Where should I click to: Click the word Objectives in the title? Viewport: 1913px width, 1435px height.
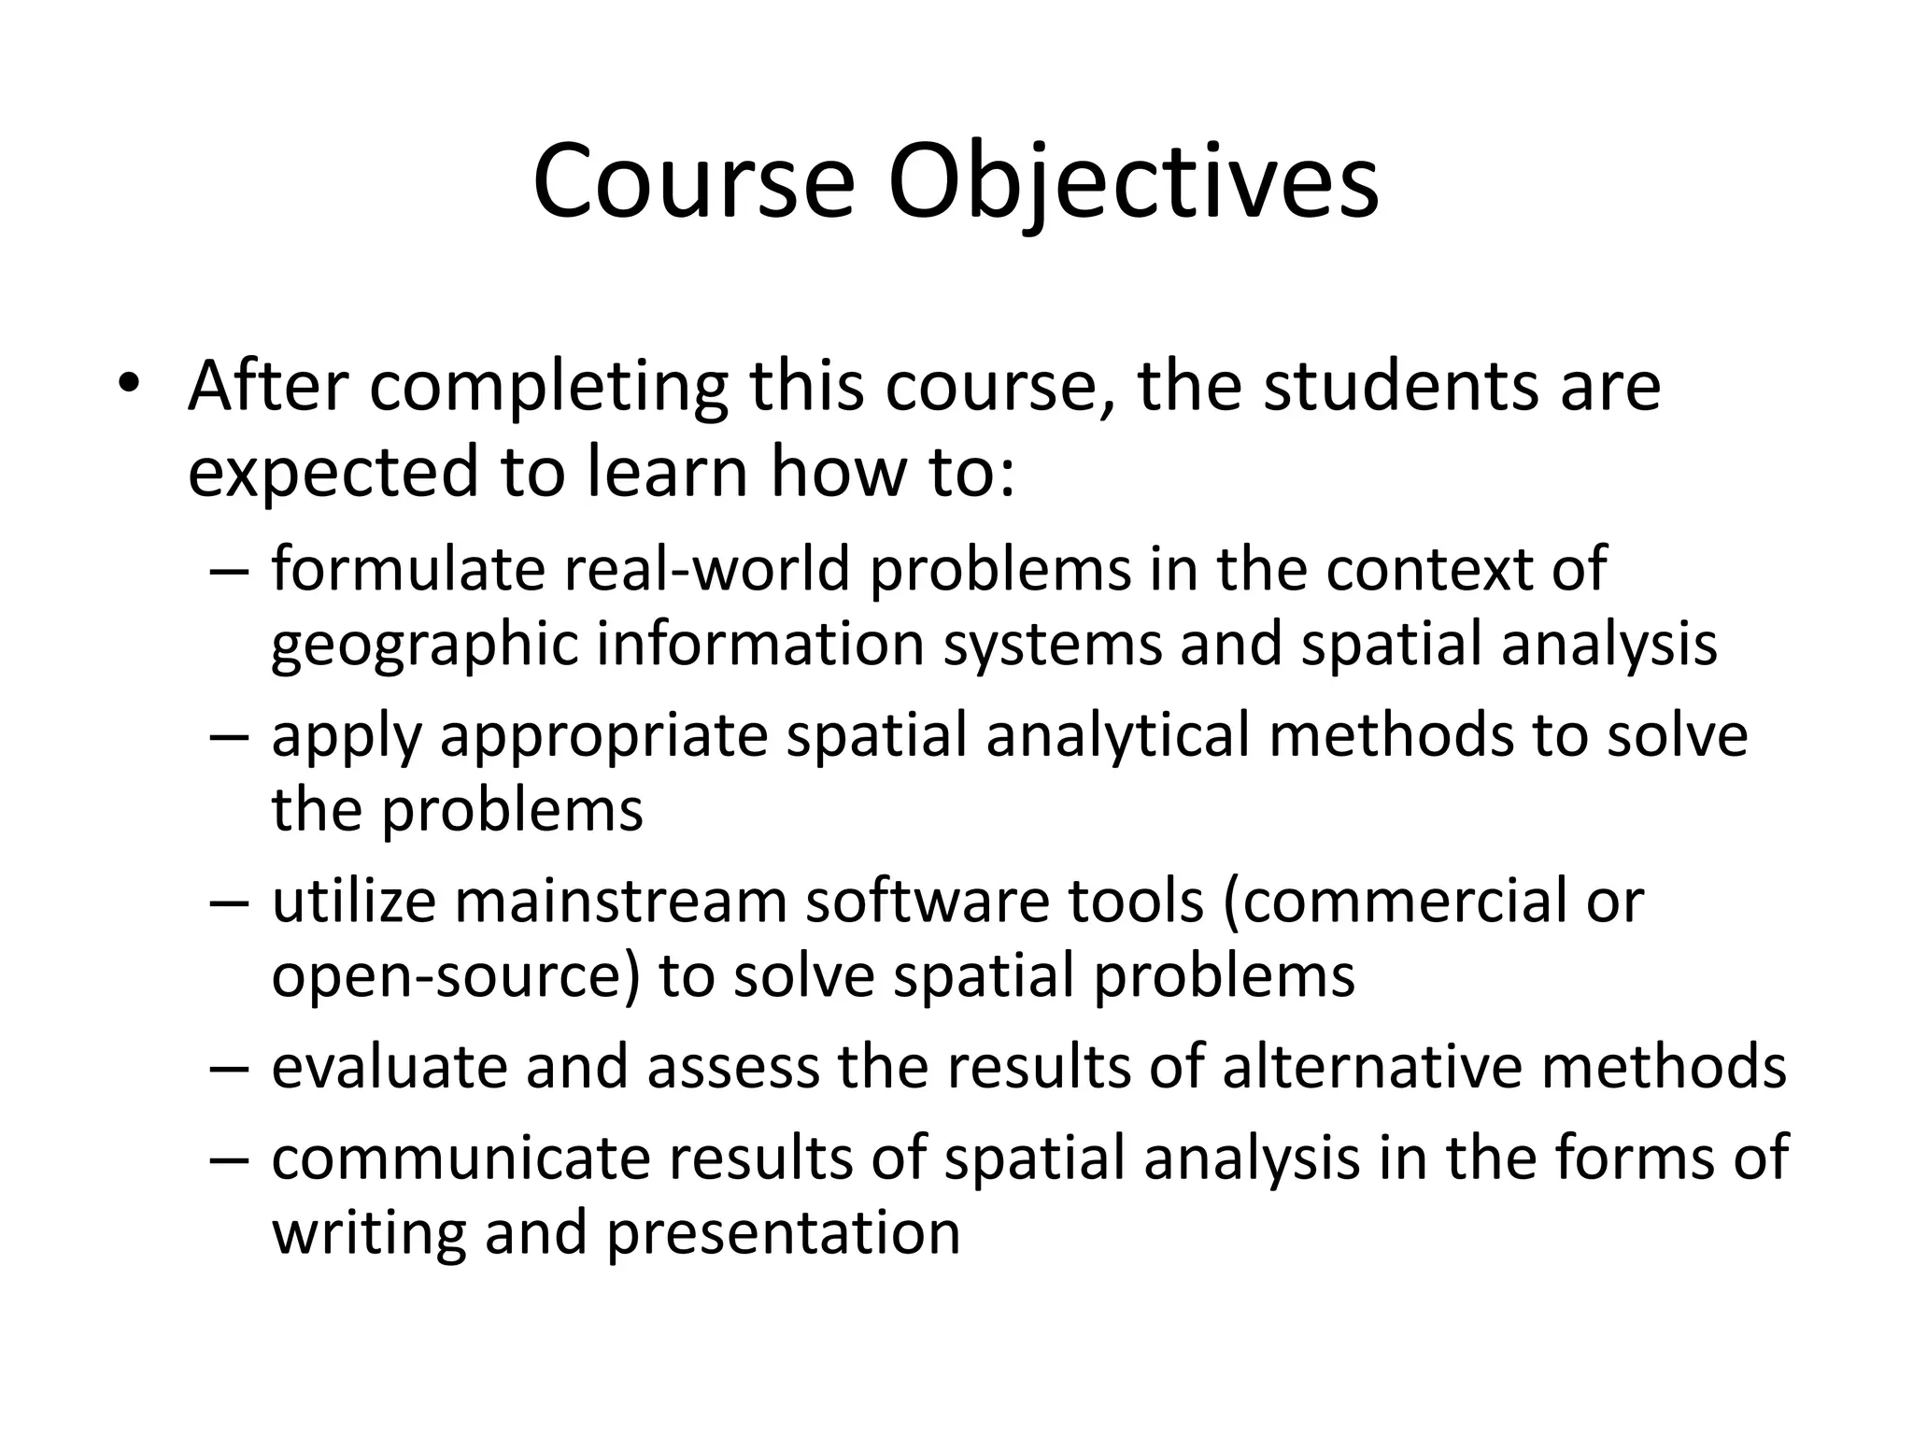(x=1132, y=182)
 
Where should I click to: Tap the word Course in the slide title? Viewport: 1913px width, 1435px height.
(x=693, y=182)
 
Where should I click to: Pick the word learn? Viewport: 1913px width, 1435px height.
(x=668, y=472)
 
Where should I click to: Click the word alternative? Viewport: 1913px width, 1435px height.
(x=1372, y=1066)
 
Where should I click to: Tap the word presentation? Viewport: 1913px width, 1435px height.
(x=784, y=1234)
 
